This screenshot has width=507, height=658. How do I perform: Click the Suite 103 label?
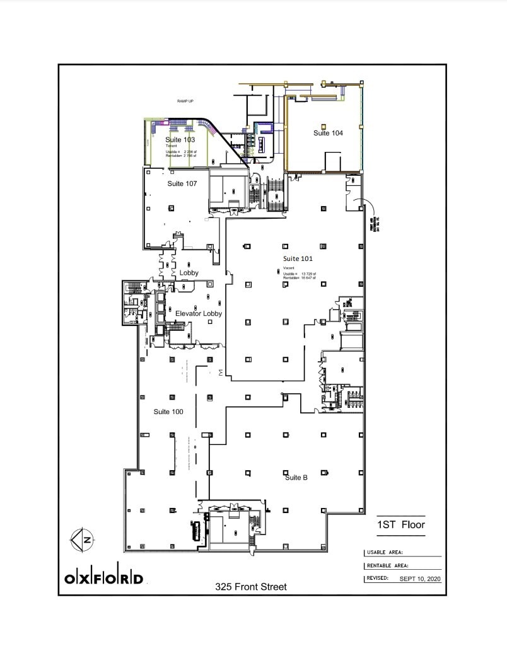coord(180,139)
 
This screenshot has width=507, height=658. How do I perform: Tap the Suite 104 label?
coord(328,133)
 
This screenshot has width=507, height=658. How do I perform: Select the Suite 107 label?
coord(182,183)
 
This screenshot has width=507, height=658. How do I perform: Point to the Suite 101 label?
coord(298,258)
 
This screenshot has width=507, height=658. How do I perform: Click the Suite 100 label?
coord(168,412)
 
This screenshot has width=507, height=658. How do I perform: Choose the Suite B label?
coord(296,478)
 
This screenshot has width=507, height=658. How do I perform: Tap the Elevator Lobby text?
coord(199,313)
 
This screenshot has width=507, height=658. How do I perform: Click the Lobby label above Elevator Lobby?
coord(189,273)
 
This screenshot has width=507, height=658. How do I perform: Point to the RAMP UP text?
coord(185,101)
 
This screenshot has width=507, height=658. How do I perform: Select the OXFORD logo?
coord(104,578)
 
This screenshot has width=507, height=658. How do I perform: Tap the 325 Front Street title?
coord(250,587)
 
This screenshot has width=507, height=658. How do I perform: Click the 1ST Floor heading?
coord(400,524)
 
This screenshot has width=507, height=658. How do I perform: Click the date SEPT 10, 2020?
coord(421,578)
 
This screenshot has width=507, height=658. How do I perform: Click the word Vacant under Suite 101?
coord(288,268)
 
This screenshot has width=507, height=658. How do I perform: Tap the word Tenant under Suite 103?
coord(172,146)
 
